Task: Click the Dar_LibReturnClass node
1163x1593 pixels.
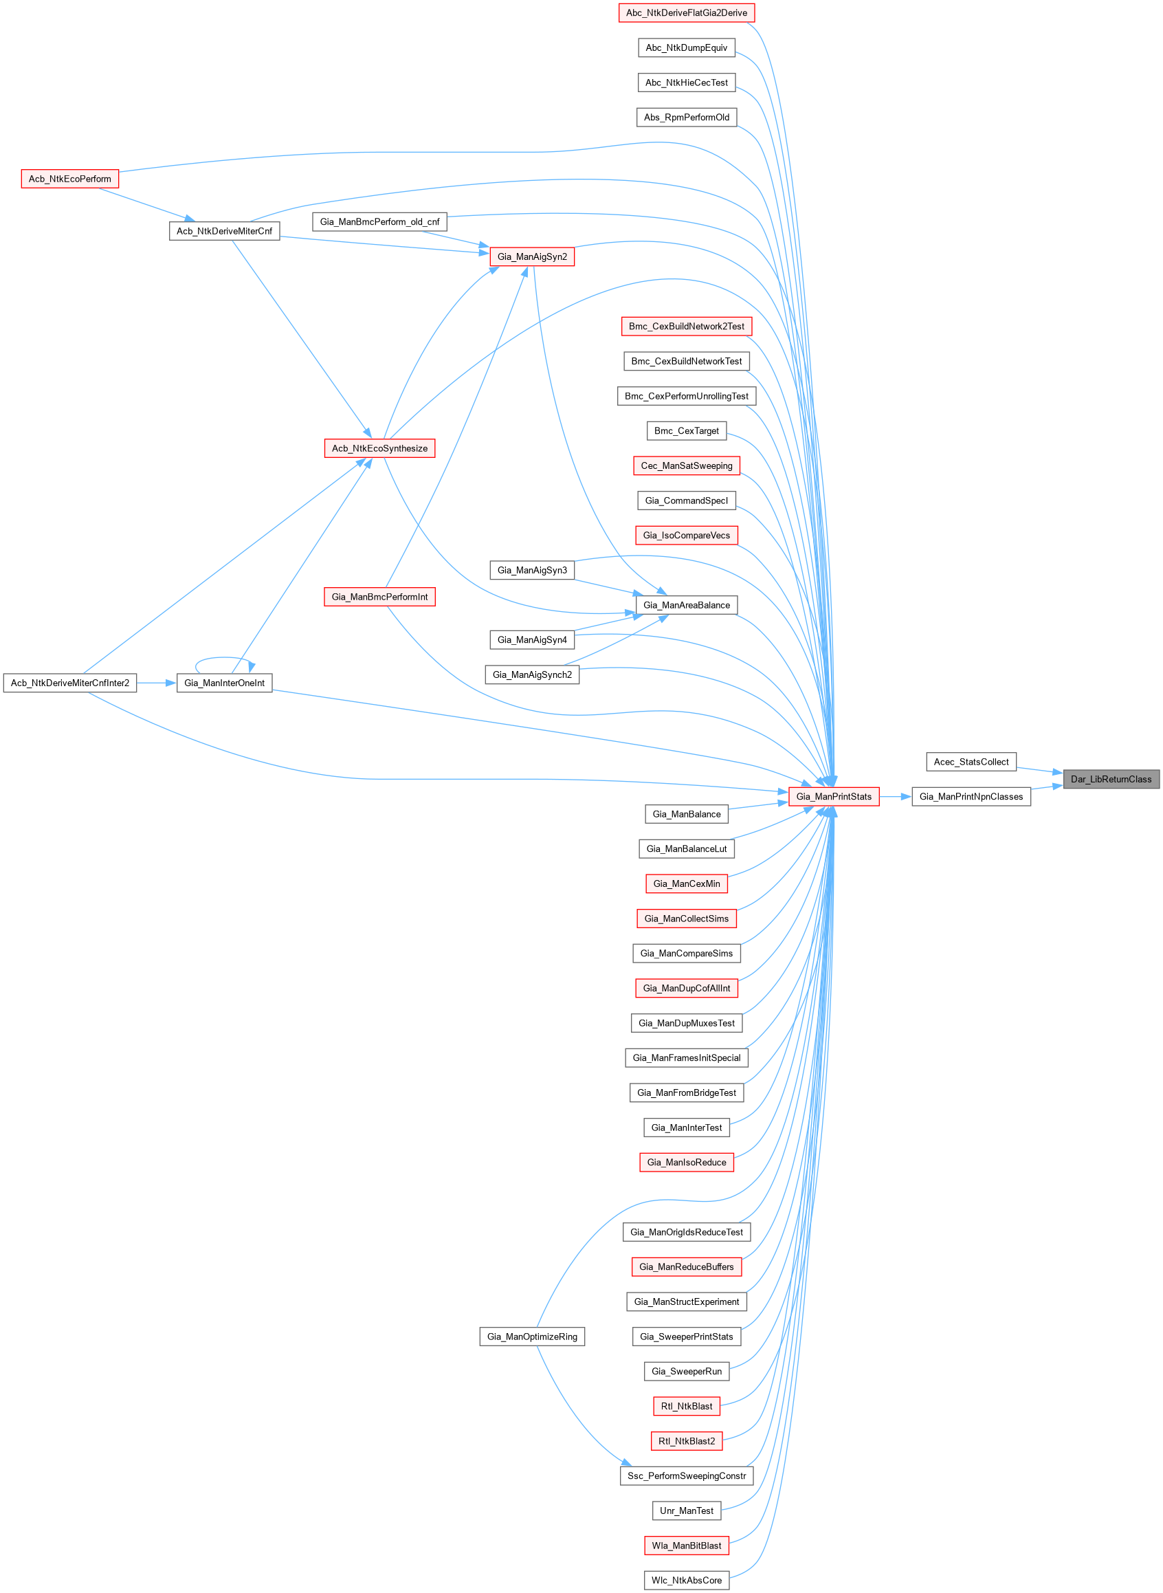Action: [1110, 779]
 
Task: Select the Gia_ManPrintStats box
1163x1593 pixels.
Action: [834, 796]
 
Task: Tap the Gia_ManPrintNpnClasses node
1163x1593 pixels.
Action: [971, 796]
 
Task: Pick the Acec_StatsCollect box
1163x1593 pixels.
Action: [971, 762]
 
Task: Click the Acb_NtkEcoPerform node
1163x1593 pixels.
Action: [69, 179]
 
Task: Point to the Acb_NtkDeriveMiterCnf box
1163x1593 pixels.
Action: [224, 231]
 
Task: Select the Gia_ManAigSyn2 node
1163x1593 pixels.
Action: [531, 256]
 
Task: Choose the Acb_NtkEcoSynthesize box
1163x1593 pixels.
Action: [379, 448]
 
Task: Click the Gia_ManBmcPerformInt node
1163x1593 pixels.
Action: [379, 597]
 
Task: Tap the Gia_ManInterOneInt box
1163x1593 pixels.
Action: [224, 683]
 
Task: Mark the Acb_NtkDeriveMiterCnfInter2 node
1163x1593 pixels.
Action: [69, 683]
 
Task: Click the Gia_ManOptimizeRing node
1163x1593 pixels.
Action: [531, 1337]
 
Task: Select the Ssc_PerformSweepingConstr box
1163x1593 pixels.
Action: [687, 1475]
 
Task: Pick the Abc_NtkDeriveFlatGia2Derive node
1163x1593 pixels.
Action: [687, 12]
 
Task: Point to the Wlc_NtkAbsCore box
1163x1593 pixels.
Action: [687, 1581]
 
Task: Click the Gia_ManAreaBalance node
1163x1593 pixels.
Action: [687, 605]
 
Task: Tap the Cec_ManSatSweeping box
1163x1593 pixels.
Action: [687, 465]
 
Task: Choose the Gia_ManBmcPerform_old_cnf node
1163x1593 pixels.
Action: [379, 222]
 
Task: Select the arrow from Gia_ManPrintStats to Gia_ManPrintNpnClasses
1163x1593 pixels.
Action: [895, 796]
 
